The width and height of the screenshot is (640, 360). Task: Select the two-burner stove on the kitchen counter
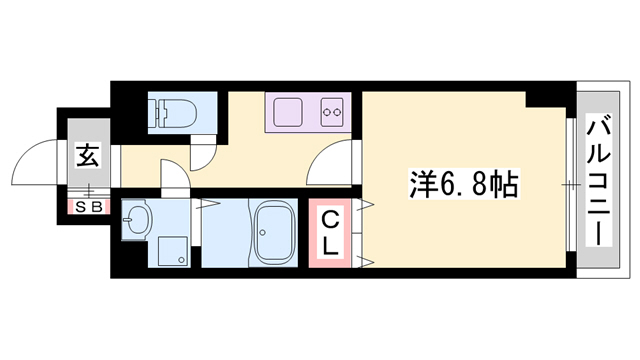tap(332, 112)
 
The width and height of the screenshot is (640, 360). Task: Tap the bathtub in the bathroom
tap(273, 234)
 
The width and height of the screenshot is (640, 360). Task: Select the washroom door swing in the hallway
tap(173, 177)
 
